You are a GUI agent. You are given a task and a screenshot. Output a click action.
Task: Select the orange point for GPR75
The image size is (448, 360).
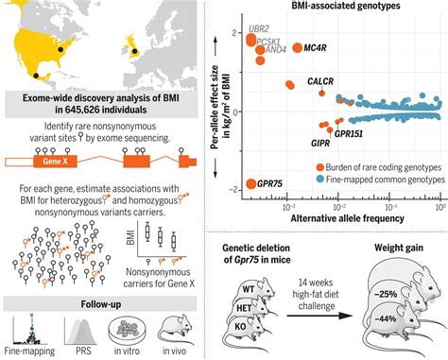tap(251, 184)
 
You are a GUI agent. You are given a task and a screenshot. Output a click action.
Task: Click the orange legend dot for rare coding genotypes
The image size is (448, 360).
tap(321, 166)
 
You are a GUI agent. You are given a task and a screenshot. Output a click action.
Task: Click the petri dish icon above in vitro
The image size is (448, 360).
tap(127, 328)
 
